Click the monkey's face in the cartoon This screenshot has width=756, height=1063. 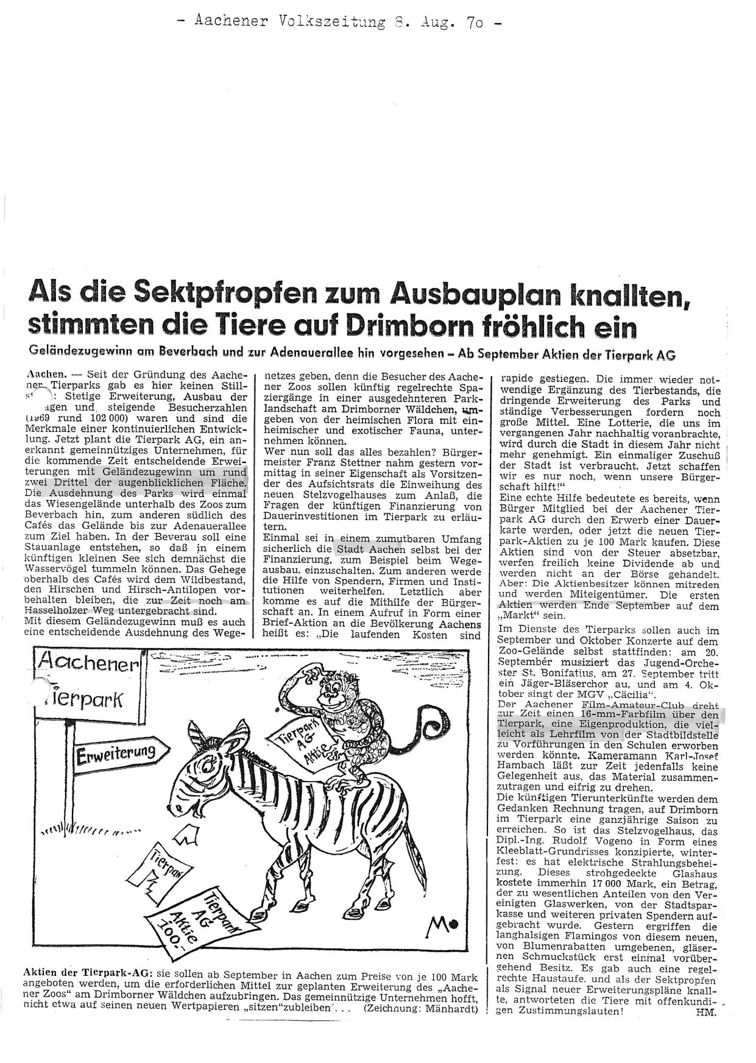(332, 690)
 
